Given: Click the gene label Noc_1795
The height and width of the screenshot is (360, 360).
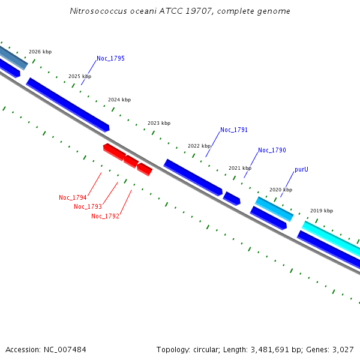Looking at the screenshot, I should click(110, 59).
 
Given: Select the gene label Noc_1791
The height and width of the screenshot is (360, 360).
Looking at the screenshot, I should click(234, 130).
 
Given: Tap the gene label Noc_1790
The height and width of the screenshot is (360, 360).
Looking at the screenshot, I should click(272, 150).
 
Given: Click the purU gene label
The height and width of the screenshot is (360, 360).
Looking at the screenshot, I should click(301, 170).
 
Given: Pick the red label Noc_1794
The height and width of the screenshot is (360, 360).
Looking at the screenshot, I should click(73, 197).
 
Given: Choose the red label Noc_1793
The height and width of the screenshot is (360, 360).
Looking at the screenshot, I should click(88, 206).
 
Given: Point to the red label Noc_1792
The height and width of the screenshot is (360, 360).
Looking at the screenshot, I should click(105, 216).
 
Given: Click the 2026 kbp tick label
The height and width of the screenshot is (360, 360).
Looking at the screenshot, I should click(40, 52).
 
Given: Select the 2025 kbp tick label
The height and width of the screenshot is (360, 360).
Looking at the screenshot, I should click(80, 76).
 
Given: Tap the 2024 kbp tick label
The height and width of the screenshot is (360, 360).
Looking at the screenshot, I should click(119, 100).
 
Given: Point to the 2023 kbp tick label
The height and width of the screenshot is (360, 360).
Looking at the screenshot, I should click(159, 123).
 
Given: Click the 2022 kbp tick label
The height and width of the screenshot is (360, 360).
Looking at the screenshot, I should click(199, 146).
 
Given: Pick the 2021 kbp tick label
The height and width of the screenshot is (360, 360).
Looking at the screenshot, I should click(240, 168).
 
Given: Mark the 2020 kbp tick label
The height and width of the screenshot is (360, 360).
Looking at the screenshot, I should click(281, 190).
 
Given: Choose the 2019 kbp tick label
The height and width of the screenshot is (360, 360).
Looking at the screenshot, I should click(322, 211).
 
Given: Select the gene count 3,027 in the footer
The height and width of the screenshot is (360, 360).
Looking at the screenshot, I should click(343, 349).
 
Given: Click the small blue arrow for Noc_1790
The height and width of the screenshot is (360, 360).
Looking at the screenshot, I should click(232, 198).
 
